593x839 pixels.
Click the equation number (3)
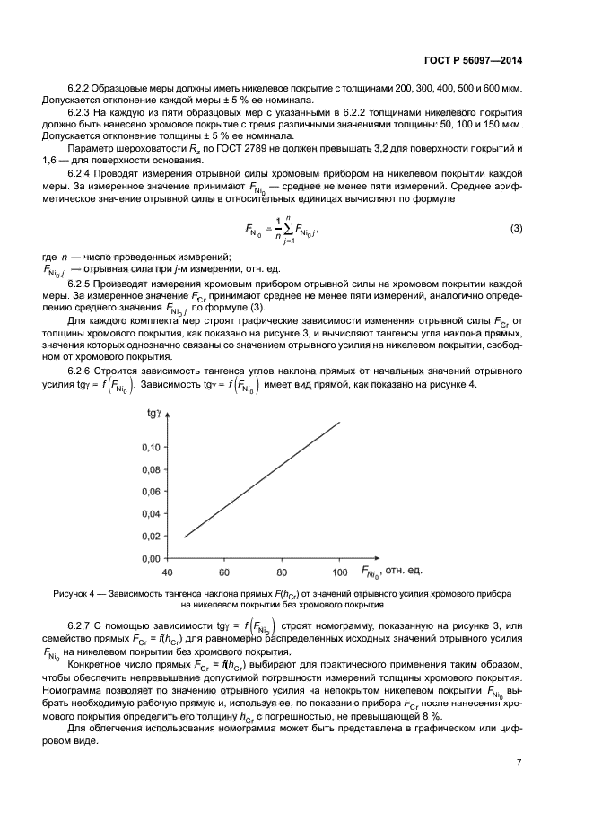point(516,229)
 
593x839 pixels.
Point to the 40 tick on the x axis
point(167,572)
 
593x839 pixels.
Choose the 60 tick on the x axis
point(223,572)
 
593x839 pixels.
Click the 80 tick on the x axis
point(281,572)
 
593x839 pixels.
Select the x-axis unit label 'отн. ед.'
point(403,571)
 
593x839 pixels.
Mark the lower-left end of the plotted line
point(184,537)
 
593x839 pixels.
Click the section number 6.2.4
point(83,170)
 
